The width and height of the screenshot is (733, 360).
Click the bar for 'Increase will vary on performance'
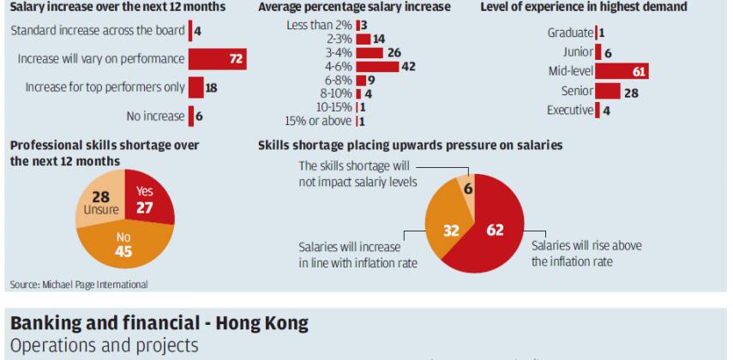218,59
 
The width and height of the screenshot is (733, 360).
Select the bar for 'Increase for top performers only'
196,87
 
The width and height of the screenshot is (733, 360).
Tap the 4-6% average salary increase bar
376,66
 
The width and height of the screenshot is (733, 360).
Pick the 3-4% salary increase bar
369,52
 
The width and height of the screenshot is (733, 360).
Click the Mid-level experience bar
622,71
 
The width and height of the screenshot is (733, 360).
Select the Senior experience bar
607,91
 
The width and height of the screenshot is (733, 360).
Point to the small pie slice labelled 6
468,187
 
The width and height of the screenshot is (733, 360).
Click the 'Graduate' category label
569,33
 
